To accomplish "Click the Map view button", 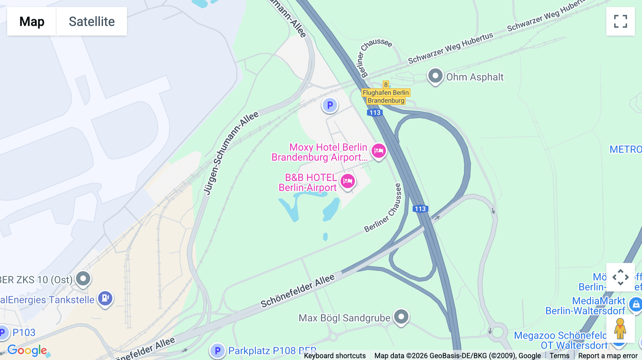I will pos(32,21).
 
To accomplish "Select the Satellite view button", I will pos(92,21).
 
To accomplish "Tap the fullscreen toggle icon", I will pos(620,21).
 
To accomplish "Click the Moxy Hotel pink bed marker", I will pos(378,151).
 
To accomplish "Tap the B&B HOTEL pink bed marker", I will pos(348,181).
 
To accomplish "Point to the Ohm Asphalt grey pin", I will pos(435,76).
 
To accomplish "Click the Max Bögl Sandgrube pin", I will pos(401,317).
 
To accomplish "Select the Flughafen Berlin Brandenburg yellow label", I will pos(386,97).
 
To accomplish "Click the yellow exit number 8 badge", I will pos(386,85).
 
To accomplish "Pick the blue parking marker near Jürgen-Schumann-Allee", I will pos(330,105).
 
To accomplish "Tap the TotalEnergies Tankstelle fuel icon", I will pos(105,298).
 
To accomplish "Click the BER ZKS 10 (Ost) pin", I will pos(83,278).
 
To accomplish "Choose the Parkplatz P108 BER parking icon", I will pos(217,351).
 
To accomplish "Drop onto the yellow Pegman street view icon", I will pos(620,329).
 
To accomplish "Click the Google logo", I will pos(27,350).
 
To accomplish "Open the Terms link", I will pos(559,356).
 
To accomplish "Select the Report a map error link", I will pos(608,356).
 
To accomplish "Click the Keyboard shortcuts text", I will pos(335,356).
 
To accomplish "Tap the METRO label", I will pos(625,149).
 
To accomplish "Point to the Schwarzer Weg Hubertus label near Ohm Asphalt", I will pos(450,48).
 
